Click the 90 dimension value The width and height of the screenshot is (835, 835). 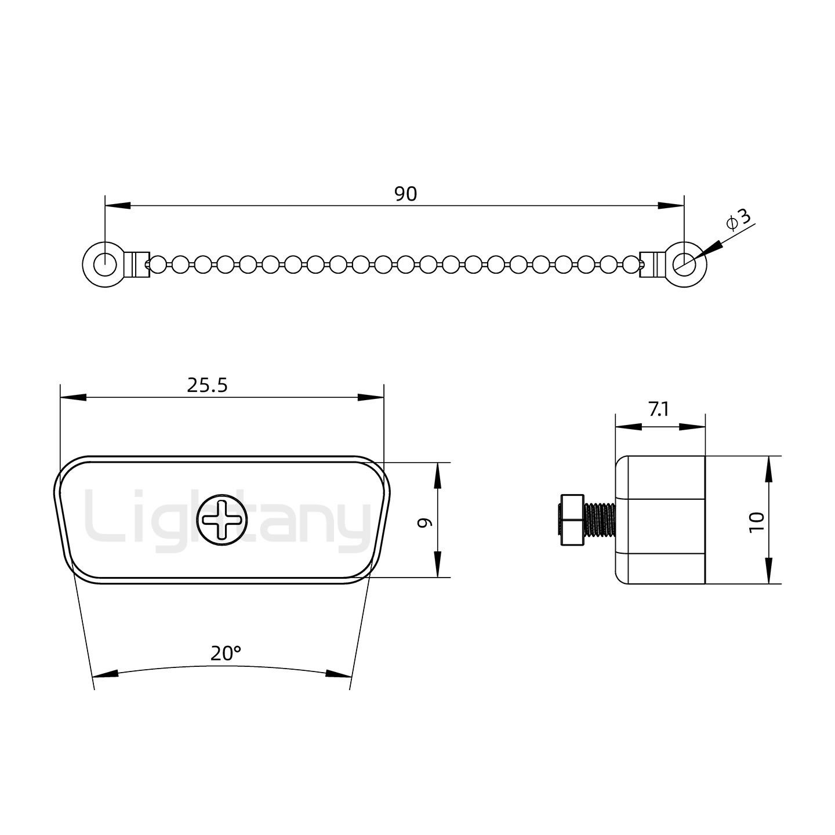pyautogui.click(x=405, y=194)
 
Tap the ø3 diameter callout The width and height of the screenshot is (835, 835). pyautogui.click(x=738, y=220)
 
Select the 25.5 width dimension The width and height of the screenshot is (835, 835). pyautogui.click(x=207, y=385)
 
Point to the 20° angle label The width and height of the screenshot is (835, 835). pyautogui.click(x=226, y=653)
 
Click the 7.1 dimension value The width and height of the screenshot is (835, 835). pyautogui.click(x=659, y=409)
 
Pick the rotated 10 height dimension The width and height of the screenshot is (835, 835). pyautogui.click(x=757, y=522)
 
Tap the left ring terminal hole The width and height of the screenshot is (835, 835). pyautogui.click(x=105, y=264)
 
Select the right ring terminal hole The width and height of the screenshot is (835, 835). pyautogui.click(x=684, y=264)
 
